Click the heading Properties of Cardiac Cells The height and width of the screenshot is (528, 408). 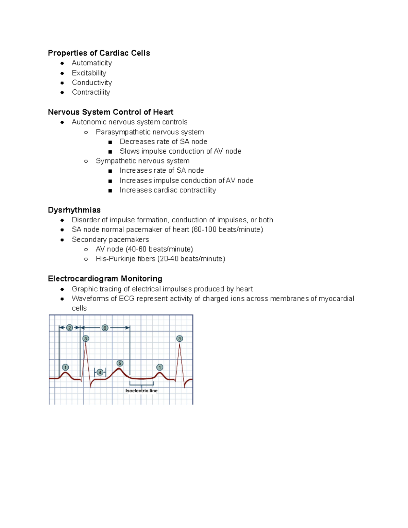[99, 53]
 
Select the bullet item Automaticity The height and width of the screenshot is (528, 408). [92, 63]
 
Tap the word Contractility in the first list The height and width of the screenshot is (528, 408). [91, 92]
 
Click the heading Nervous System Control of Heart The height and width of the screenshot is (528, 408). [111, 112]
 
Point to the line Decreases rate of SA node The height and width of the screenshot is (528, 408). [163, 141]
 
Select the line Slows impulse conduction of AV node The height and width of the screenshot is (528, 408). [180, 151]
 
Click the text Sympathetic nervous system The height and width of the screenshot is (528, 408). [142, 161]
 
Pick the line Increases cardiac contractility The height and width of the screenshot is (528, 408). [168, 190]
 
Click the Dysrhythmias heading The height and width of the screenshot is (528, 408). [74, 210]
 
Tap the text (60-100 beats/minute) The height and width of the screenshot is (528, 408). [227, 229]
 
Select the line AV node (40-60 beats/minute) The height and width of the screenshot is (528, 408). [144, 249]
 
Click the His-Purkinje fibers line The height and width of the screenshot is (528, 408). [160, 259]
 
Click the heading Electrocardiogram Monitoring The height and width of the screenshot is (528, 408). [105, 279]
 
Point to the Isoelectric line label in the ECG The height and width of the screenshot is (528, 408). [141, 391]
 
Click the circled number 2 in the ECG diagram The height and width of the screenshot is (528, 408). [69, 328]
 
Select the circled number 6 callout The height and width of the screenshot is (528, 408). [105, 328]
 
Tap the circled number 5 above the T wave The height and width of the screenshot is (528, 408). [120, 363]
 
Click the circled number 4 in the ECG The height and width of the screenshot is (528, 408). [100, 372]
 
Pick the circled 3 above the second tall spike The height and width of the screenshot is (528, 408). [180, 339]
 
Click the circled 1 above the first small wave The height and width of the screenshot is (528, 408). [66, 367]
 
